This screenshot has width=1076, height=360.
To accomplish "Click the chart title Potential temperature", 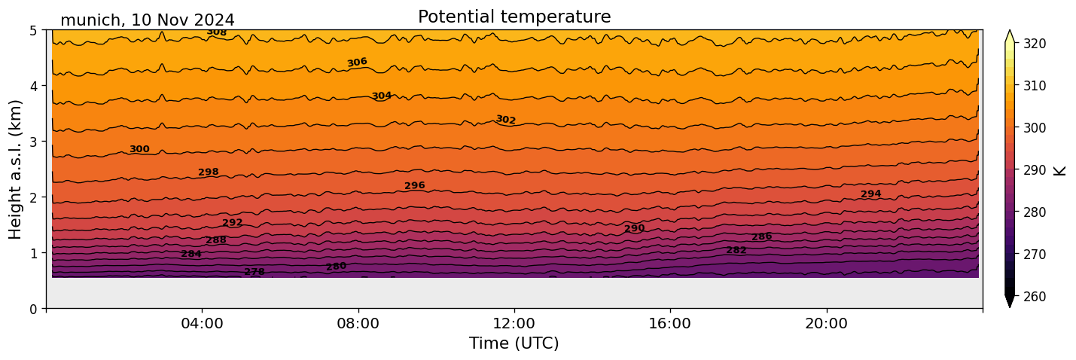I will pyautogui.click(x=514, y=17).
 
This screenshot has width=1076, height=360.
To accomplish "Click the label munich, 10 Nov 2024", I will pyautogui.click(x=147, y=20).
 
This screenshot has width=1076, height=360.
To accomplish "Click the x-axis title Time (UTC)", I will pyautogui.click(x=514, y=343).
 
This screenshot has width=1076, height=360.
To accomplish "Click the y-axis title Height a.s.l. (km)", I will pyautogui.click(x=16, y=169).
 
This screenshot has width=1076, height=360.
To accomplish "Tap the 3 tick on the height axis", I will pyautogui.click(x=34, y=142).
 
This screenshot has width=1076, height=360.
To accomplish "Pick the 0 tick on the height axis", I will pyautogui.click(x=34, y=309).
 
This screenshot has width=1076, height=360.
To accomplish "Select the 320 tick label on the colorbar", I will pyautogui.click(x=1034, y=44).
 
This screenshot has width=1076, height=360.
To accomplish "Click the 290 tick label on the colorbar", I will pyautogui.click(x=1034, y=170).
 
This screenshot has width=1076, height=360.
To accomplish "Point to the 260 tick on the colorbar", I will pyautogui.click(x=1034, y=297).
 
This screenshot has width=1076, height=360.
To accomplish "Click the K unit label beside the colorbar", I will pyautogui.click(x=1059, y=170).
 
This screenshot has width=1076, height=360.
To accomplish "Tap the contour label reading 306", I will pyautogui.click(x=357, y=63).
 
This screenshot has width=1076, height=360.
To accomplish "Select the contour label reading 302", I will pyautogui.click(x=505, y=120).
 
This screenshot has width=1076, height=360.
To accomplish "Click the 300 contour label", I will pyautogui.click(x=139, y=149).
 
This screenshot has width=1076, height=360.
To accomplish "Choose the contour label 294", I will pyautogui.click(x=870, y=194).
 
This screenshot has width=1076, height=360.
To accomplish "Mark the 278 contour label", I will pyautogui.click(x=255, y=272).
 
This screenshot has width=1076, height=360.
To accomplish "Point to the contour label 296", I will pyautogui.click(x=414, y=185).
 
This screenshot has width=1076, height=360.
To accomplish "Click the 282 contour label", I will pyautogui.click(x=736, y=250).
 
